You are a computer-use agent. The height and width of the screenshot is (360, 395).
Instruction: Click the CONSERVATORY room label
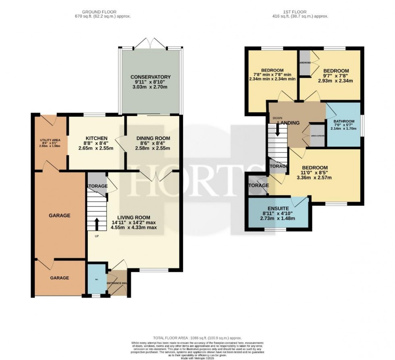tap(150, 77)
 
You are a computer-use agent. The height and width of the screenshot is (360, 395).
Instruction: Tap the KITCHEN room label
tap(96, 138)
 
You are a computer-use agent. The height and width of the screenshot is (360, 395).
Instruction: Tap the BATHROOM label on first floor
tap(344, 121)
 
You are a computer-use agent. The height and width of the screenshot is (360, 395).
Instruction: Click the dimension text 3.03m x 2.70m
tap(150, 87)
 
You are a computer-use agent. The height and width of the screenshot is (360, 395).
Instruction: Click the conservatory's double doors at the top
tap(150, 43)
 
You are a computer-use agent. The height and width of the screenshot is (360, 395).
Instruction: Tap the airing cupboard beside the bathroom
tap(316, 136)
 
